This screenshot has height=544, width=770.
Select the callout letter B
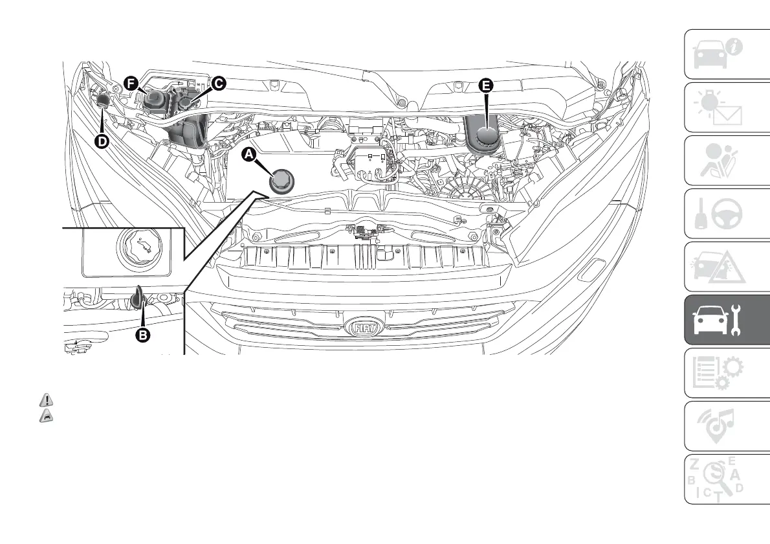pyautogui.click(x=142, y=335)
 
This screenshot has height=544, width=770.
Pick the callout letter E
pyautogui.click(x=485, y=85)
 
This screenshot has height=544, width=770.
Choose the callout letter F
pyautogui.click(x=131, y=83)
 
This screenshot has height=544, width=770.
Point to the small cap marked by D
pyautogui.click(x=103, y=100)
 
